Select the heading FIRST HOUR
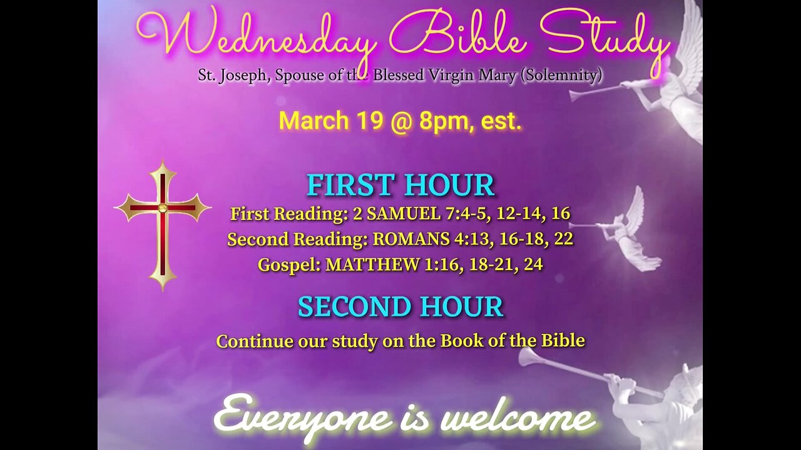coord(400,185)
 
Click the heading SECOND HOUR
coord(400,306)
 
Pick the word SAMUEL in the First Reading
coord(404,214)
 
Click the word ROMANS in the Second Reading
coord(411,239)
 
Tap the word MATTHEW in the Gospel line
coord(372,264)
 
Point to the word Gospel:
coord(289,265)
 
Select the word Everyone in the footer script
coord(304,418)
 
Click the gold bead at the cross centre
coord(162,207)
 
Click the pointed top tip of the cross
coord(163,160)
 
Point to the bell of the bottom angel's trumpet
coord(526,357)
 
